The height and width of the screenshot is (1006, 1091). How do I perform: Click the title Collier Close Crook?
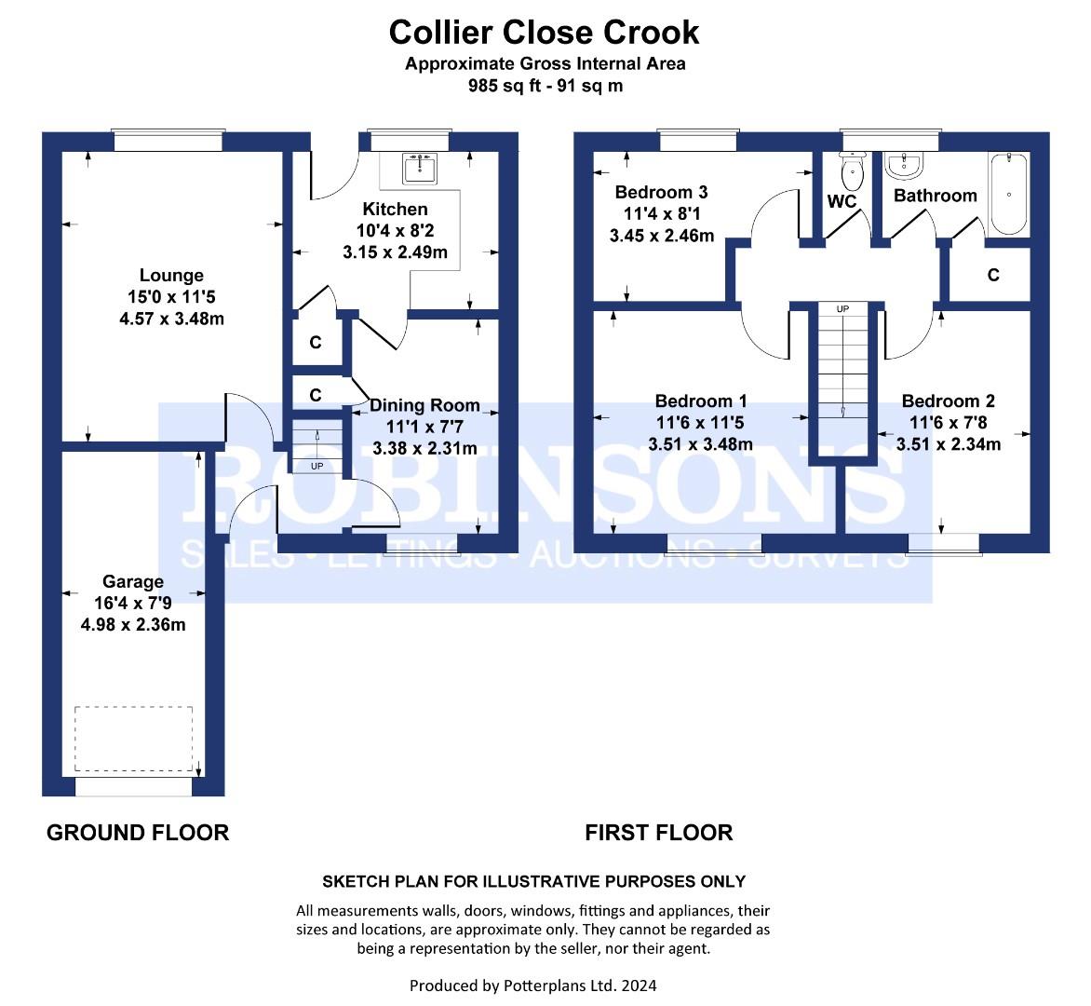(545, 33)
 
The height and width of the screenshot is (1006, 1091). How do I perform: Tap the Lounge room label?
(171, 275)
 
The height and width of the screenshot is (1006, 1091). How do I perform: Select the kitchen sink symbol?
(420, 169)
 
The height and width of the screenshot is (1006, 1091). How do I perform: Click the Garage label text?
(133, 581)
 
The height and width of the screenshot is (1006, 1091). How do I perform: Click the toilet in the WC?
(852, 171)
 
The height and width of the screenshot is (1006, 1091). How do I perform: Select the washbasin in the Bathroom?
(903, 165)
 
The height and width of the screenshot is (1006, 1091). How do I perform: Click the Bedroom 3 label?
(661, 192)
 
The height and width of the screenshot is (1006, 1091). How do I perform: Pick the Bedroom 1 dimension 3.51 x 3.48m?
(700, 444)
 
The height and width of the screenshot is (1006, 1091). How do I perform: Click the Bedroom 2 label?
(948, 401)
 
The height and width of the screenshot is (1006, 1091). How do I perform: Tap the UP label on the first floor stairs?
(842, 308)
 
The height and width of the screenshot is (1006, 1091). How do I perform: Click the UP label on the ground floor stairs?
(317, 466)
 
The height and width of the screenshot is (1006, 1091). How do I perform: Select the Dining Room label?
(424, 405)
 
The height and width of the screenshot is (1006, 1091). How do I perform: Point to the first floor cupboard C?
(993, 275)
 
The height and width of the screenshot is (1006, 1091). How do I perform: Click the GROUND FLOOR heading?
(138, 833)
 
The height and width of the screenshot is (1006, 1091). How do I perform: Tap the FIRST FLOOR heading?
(659, 833)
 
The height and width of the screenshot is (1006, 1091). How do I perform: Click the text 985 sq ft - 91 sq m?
(545, 86)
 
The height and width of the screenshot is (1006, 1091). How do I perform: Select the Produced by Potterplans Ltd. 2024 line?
(533, 986)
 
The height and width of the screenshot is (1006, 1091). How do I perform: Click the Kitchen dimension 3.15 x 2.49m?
(395, 252)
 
